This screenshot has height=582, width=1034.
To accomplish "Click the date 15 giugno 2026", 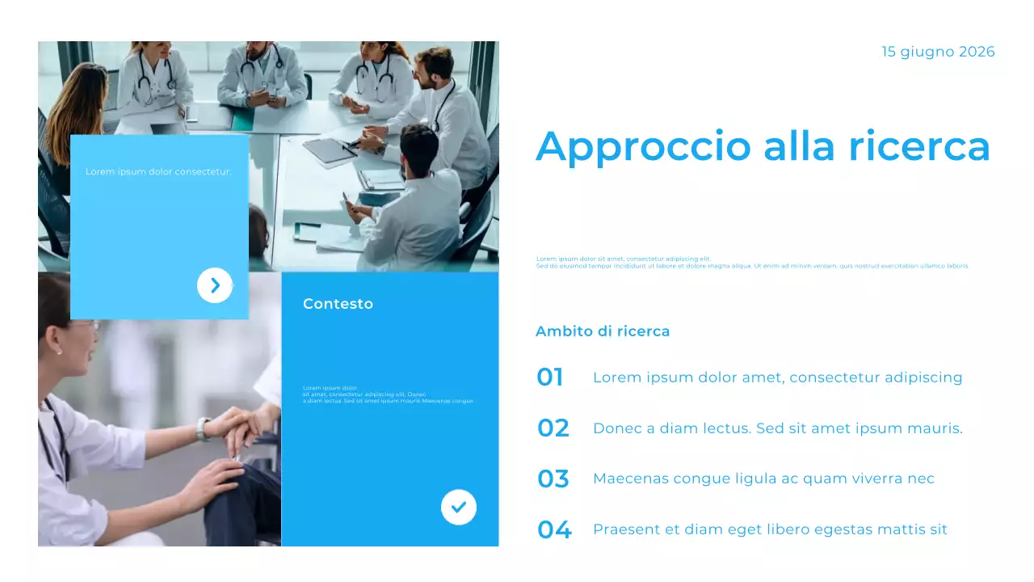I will [938, 52].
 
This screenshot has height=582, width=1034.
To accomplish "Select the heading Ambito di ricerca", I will [602, 331].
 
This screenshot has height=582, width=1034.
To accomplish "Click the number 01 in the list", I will [550, 377].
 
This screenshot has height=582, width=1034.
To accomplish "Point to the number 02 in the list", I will [553, 428].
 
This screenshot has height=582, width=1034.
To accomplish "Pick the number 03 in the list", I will [553, 479].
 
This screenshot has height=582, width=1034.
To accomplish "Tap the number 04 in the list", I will [554, 529].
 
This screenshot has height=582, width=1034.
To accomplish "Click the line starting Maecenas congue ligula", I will [763, 479].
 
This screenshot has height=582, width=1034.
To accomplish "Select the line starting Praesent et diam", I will [770, 529].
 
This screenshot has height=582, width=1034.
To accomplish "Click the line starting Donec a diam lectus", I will [777, 428].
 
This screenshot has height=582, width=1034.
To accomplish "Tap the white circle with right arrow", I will [215, 285].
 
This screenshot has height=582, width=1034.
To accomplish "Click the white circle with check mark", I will [459, 508].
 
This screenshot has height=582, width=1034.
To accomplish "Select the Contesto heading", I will [338, 304].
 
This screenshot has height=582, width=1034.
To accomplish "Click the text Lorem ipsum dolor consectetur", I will [158, 171].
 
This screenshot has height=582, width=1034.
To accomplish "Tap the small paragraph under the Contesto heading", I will [388, 394].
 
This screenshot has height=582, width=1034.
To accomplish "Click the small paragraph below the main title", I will [751, 262].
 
